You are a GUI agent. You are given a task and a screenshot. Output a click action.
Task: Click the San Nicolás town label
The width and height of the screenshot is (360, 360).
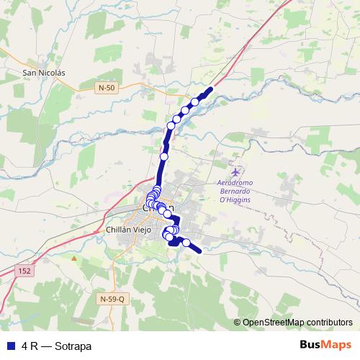click(45, 73)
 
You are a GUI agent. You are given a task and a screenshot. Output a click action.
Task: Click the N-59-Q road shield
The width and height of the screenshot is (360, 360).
click(112, 298)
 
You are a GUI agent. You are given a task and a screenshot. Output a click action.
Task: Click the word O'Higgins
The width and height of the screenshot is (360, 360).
click(235, 202)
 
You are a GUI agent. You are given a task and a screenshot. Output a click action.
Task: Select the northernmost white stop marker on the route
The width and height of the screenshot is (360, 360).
click(195, 102)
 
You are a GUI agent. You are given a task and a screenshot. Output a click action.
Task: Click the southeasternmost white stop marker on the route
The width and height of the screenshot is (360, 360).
click(186, 243)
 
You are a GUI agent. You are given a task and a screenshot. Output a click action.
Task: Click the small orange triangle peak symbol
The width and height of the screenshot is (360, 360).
click(73, 256)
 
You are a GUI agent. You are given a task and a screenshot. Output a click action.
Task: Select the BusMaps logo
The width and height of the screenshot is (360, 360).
click(325, 346)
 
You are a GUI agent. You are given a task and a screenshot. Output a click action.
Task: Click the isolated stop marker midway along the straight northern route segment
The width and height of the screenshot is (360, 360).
click(163, 156)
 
